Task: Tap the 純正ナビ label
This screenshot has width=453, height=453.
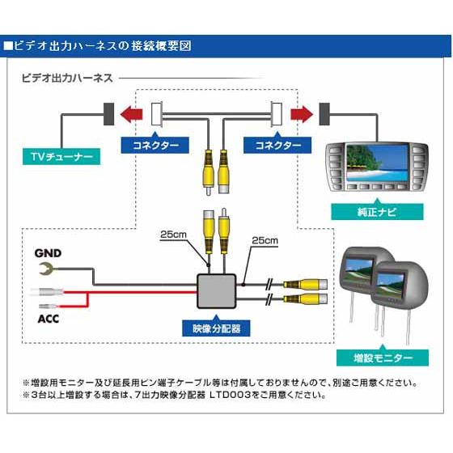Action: point(377,212)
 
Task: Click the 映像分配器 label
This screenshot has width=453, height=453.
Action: point(217,328)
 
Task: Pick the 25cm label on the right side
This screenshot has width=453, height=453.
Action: point(265,240)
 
